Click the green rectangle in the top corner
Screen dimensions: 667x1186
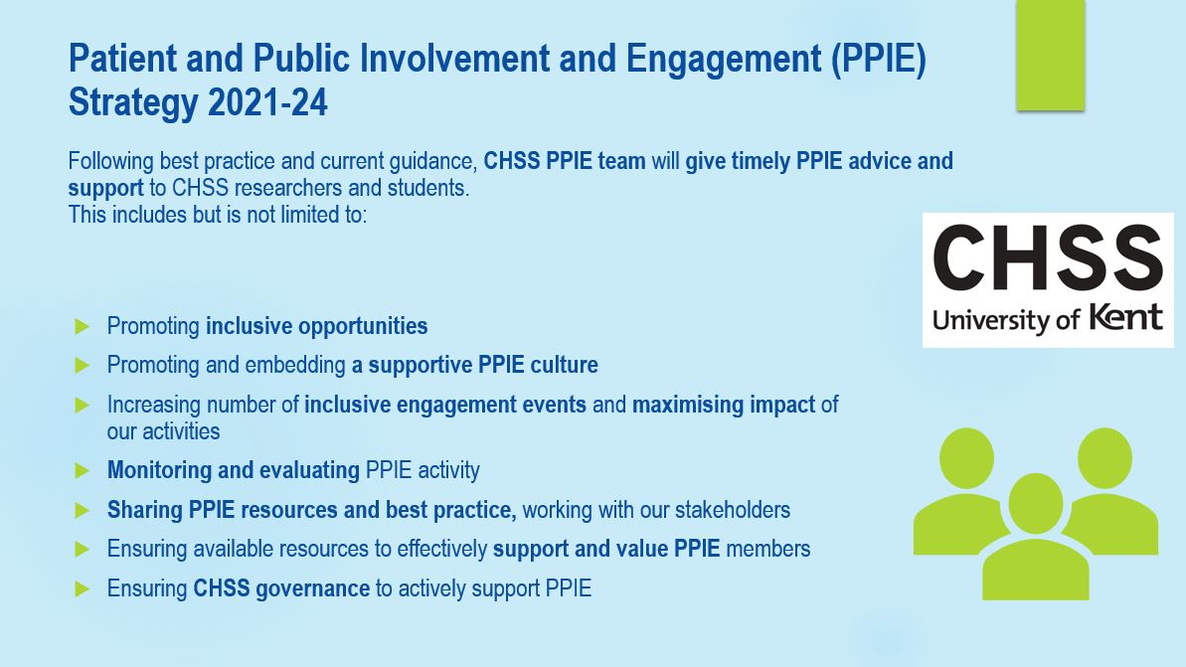(1050, 55)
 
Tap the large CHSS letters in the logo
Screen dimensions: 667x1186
(1048, 257)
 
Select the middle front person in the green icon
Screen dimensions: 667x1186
(1035, 542)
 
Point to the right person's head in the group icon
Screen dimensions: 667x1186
(1104, 455)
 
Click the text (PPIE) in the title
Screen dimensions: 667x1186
(878, 60)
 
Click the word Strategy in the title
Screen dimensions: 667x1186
(133, 102)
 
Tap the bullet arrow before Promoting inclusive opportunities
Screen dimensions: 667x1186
(83, 326)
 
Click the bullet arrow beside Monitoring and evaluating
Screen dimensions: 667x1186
(83, 470)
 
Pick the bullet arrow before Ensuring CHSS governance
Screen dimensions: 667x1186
(83, 589)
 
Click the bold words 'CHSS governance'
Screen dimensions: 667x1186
(281, 588)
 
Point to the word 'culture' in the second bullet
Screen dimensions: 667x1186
(564, 365)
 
